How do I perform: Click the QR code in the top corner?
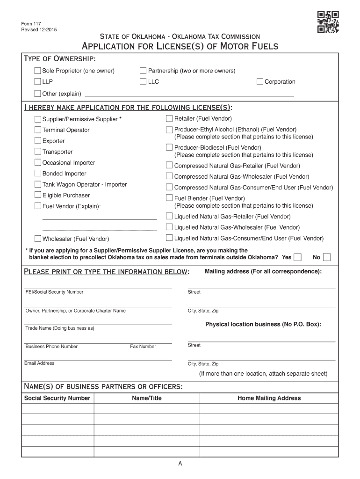pos(328,22)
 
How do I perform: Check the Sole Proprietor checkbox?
pos(37,71)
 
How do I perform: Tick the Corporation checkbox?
pos(260,81)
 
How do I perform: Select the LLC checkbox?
pos(143,81)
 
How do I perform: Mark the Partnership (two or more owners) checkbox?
pos(143,71)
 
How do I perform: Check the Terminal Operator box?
pos(37,130)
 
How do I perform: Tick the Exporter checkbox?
pos(37,140)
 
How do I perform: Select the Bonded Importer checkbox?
pos(37,173)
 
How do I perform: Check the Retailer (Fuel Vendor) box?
pos(169,118)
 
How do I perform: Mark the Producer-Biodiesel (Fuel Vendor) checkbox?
pos(169,147)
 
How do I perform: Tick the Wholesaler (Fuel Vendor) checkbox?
pos(37,239)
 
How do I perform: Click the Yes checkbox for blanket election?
pos(297,257)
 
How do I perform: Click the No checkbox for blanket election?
pos(327,257)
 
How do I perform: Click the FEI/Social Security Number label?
pos(54,292)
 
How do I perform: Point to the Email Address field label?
pos(40,363)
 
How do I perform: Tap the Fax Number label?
pos(143,347)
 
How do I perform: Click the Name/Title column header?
pos(147,398)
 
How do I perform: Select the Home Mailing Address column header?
pos(269,398)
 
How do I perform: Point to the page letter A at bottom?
pos(180,464)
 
